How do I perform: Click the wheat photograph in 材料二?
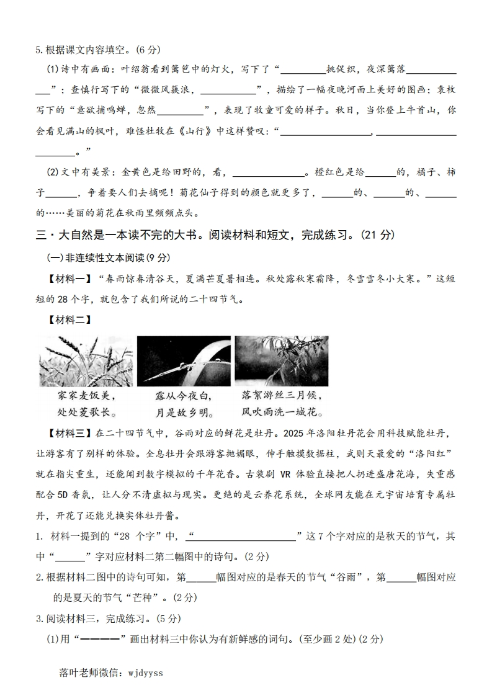point(86,362)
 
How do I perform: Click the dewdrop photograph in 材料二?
point(183,362)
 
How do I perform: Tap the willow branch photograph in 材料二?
point(281,361)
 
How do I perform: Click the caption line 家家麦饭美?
point(86,395)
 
